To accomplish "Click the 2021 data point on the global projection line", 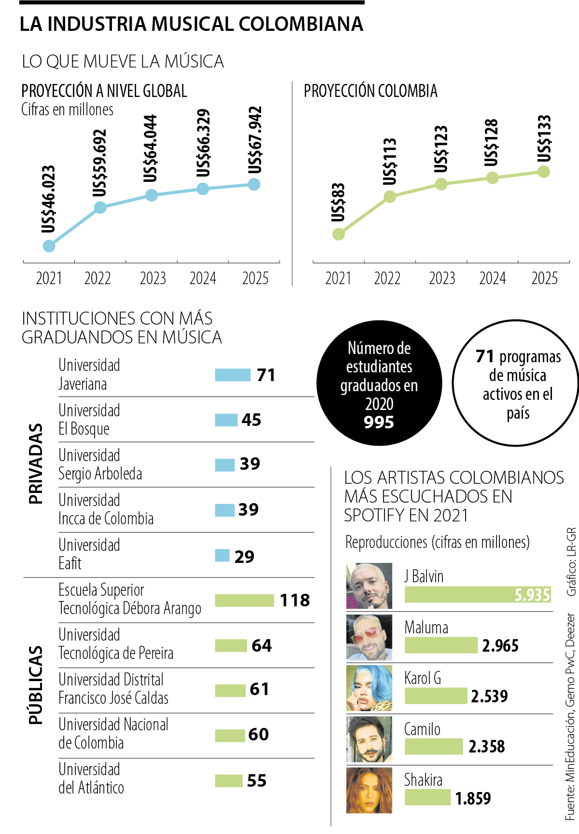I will pos(49,246).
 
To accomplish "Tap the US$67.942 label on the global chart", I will pos(254,140).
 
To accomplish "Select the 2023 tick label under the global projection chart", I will pos(152,278).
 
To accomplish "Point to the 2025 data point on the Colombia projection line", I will pos(544,171).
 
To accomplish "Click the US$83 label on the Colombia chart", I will pos(338,203).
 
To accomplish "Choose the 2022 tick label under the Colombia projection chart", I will pos(387,278).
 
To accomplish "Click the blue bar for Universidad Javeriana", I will pos(233,375).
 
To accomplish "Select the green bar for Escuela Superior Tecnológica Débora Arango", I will pos(244,600).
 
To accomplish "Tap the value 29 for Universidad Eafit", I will pos(244,556).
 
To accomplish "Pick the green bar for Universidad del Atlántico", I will pos(229,780).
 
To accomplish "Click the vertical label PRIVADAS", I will pos(36,464).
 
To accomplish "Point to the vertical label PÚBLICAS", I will pos(36,685).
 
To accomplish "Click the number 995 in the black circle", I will pos(379,422).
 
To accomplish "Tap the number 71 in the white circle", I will pos(485,356).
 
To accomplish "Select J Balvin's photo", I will pos(369,586).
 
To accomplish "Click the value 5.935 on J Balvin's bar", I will pos(532,595).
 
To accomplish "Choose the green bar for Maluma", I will pos(441,645).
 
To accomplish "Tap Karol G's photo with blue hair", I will pos(369,688).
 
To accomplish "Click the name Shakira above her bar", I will pos(423,779).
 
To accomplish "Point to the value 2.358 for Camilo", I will pos(486,747).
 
